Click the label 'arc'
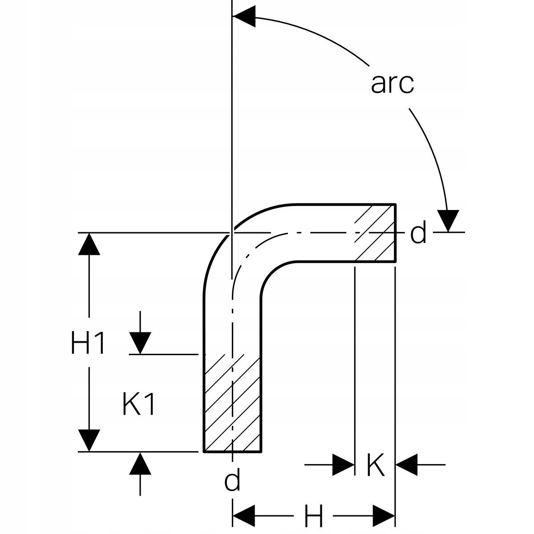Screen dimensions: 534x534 tap(392, 84)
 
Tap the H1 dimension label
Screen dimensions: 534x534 tap(88, 343)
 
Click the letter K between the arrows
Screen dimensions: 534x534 tap(376, 465)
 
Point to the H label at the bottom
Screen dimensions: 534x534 tap(313, 516)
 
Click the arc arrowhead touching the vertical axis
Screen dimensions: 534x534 tap(244, 16)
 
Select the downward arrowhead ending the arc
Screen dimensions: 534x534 tap(448, 221)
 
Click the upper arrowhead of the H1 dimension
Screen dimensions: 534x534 tap(89, 244)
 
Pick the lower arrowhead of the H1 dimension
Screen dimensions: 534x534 tap(89, 441)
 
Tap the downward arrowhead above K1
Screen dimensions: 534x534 tap(140, 343)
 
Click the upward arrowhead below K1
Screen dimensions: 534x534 tap(140, 463)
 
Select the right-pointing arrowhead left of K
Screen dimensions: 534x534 tap(344, 465)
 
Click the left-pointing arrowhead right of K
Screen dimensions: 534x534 tap(407, 465)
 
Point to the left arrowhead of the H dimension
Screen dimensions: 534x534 tap(244, 516)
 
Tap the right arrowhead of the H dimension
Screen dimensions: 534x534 tap(384, 516)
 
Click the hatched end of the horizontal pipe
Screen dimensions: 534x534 tap(375, 232)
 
